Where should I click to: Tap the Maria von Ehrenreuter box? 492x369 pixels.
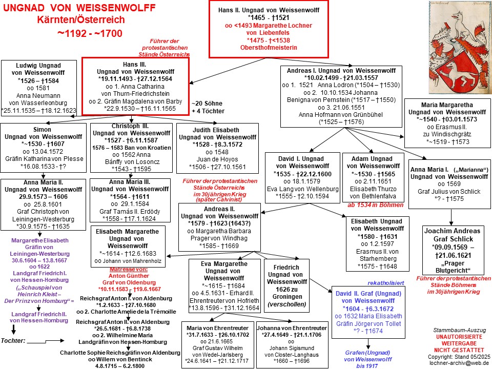click(217, 344)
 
